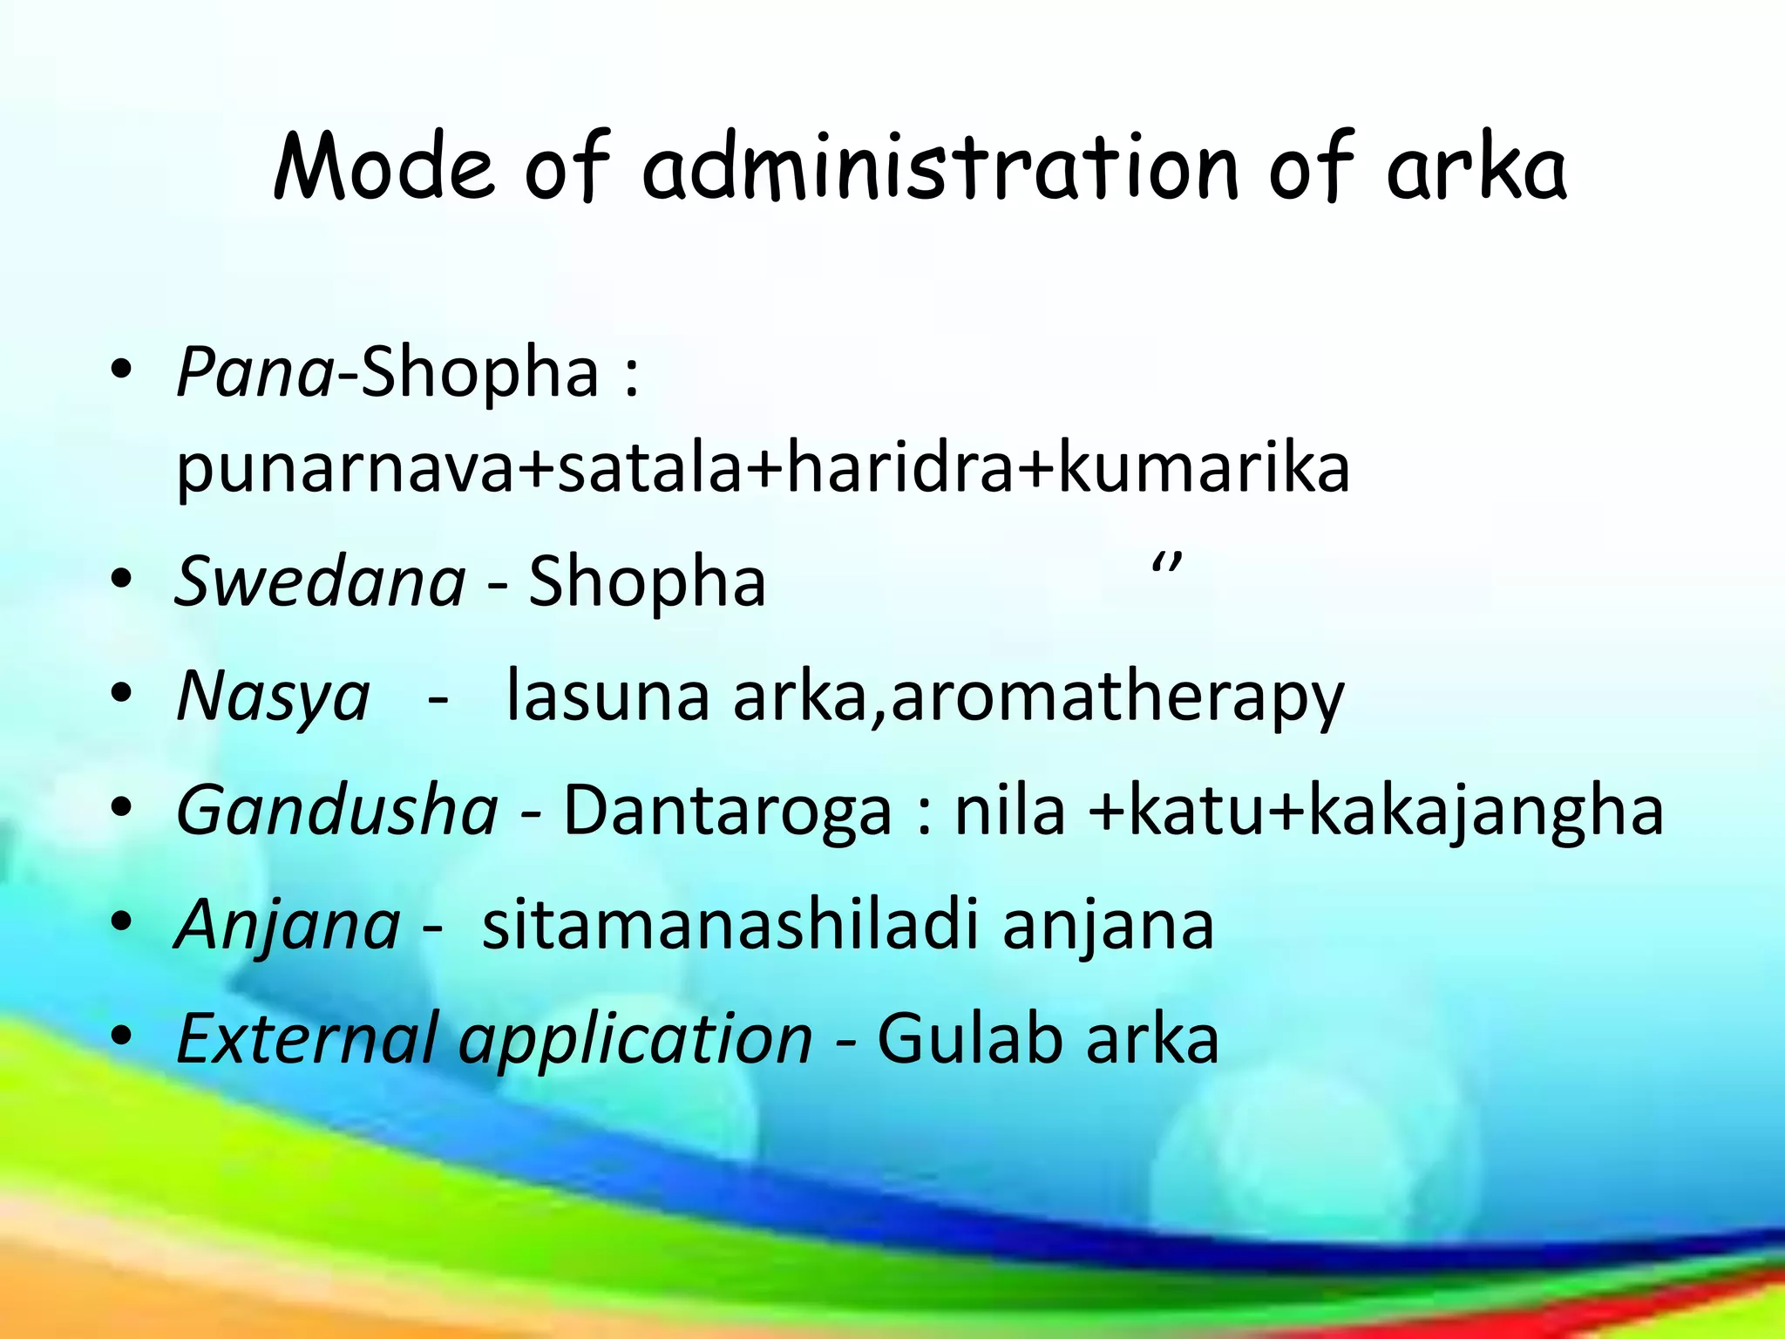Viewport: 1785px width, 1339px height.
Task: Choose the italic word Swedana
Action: (x=320, y=581)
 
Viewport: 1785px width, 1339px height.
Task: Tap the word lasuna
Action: (x=607, y=696)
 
